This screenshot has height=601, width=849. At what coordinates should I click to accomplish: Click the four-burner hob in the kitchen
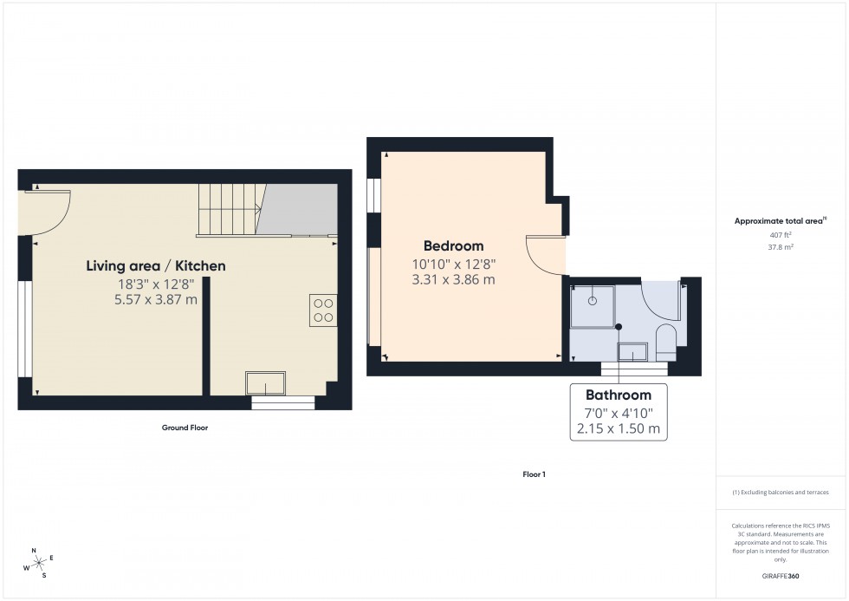[x=323, y=310]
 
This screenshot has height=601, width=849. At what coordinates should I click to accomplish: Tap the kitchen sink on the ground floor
[x=265, y=382]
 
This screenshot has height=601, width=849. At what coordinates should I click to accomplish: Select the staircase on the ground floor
[x=230, y=209]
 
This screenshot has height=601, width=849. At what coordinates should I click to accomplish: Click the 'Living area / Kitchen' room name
[x=156, y=266]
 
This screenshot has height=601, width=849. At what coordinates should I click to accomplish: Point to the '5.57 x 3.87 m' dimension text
[x=156, y=300]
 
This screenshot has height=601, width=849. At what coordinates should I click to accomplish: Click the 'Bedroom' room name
[x=453, y=246]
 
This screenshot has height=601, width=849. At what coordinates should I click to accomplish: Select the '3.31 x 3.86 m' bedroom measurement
[x=453, y=280]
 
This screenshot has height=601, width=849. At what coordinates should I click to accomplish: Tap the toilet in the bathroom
[x=666, y=342]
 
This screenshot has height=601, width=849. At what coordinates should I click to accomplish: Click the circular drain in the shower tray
[x=593, y=301]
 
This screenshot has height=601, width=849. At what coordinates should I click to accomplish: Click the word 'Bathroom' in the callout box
[x=618, y=395]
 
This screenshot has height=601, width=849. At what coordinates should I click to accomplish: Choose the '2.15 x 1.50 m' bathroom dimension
[x=618, y=429]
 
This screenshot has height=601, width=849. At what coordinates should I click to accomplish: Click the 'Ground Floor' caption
[x=185, y=428]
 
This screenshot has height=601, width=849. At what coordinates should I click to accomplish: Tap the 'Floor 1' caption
[x=534, y=474]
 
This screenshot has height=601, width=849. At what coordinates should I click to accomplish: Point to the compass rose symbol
[x=37, y=563]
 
